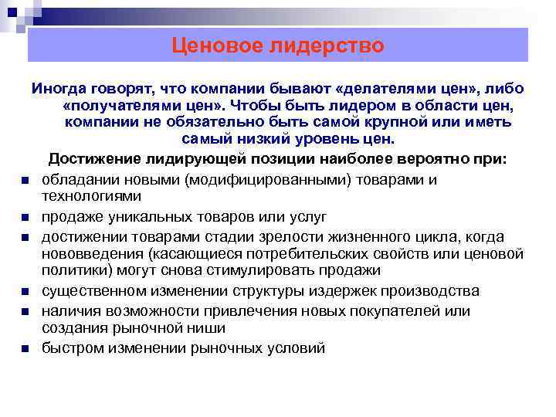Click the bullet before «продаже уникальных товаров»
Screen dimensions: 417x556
pos(25,217)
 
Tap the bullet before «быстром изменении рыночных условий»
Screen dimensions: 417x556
pos(25,349)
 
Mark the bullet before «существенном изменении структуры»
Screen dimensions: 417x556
pos(25,292)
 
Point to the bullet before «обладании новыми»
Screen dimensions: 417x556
pos(25,181)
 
